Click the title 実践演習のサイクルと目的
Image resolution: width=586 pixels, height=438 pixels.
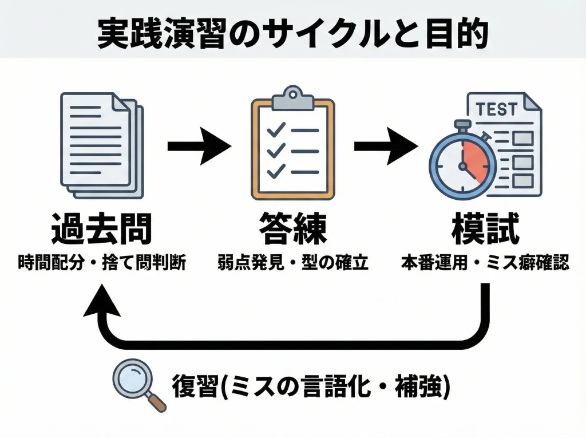[x=292, y=34]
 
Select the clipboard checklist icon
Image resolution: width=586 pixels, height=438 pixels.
[x=292, y=150]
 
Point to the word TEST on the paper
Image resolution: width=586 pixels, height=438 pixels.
[x=496, y=109]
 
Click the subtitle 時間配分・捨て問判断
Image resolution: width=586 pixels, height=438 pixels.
[x=102, y=263]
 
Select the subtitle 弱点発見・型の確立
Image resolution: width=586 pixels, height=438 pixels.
[x=292, y=263]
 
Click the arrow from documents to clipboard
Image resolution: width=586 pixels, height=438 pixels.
[x=198, y=146]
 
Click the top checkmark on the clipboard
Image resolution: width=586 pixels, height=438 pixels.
[x=277, y=130]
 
